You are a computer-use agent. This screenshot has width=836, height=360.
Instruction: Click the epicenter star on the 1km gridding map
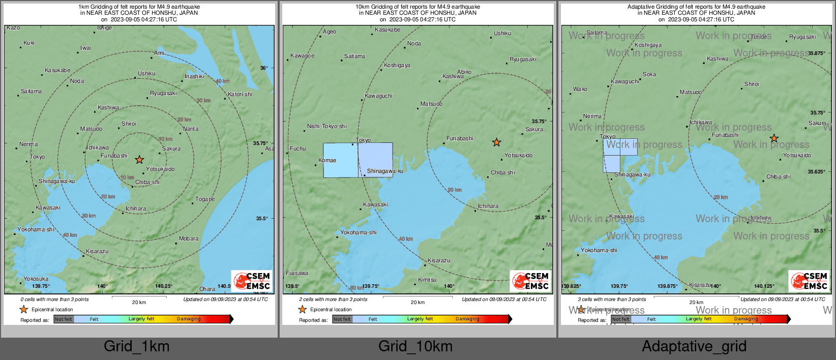(139, 160)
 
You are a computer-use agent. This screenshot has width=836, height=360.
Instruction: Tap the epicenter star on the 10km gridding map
(496, 142)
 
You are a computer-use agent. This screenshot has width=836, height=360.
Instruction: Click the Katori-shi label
(240, 94)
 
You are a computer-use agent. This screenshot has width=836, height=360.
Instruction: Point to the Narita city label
(191, 129)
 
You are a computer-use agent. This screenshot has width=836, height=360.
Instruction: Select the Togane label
(205, 199)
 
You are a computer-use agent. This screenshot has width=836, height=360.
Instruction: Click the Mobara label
(189, 238)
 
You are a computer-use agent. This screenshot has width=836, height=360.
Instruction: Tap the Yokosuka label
(36, 279)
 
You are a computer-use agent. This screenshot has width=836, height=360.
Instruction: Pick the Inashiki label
(194, 76)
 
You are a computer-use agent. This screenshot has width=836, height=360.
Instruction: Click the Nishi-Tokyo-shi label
(326, 126)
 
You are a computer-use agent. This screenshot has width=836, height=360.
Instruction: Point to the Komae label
(327, 160)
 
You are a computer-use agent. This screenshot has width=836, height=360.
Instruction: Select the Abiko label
(464, 72)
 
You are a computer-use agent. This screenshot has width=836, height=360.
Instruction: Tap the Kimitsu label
(427, 280)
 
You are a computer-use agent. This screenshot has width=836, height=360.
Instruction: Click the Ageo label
(330, 32)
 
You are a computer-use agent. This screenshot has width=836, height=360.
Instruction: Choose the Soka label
(649, 74)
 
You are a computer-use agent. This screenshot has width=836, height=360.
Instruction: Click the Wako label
(580, 89)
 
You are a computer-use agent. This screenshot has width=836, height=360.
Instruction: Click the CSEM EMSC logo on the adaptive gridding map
(809, 281)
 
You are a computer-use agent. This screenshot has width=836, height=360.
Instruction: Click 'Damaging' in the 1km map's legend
(189, 319)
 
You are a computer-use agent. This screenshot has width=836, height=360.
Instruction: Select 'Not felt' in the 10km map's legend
(342, 319)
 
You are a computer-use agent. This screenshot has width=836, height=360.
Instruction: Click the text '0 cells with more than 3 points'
(54, 299)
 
